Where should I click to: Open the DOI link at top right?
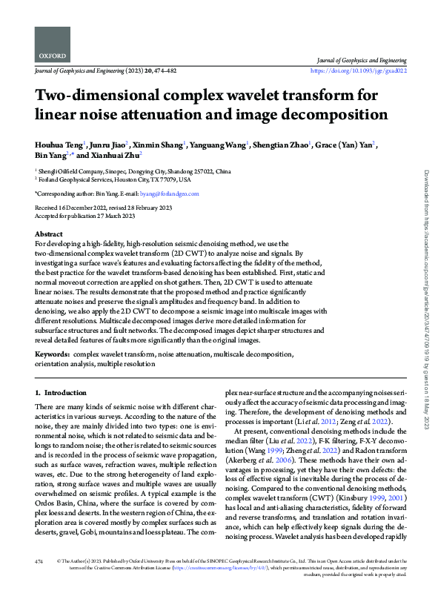pyautogui.click(x=359, y=71)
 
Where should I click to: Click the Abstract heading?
pyautogui.click(x=49, y=234)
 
